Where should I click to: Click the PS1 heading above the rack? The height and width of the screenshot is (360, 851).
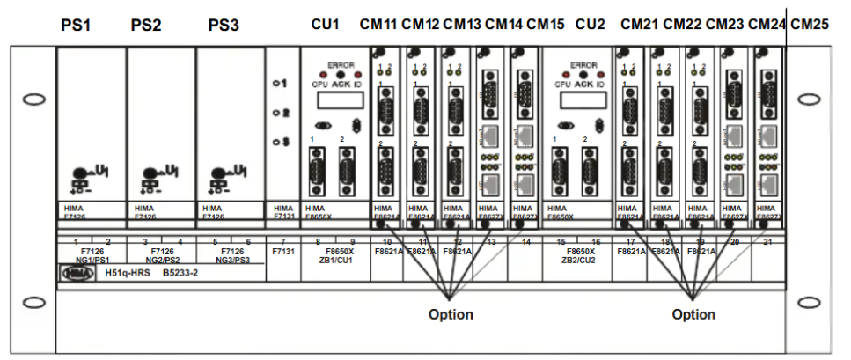pos(76,25)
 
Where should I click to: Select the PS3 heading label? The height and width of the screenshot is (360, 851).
pos(224,25)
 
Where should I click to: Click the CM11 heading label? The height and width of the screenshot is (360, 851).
pos(378,24)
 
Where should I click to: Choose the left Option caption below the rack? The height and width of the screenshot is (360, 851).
pos(451,314)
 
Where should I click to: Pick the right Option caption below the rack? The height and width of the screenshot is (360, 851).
pos(693,314)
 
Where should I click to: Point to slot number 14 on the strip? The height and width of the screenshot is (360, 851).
pos(525,240)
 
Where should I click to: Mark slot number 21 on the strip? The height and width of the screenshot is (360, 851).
pos(767,240)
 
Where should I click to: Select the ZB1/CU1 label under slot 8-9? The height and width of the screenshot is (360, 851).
pos(335,261)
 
